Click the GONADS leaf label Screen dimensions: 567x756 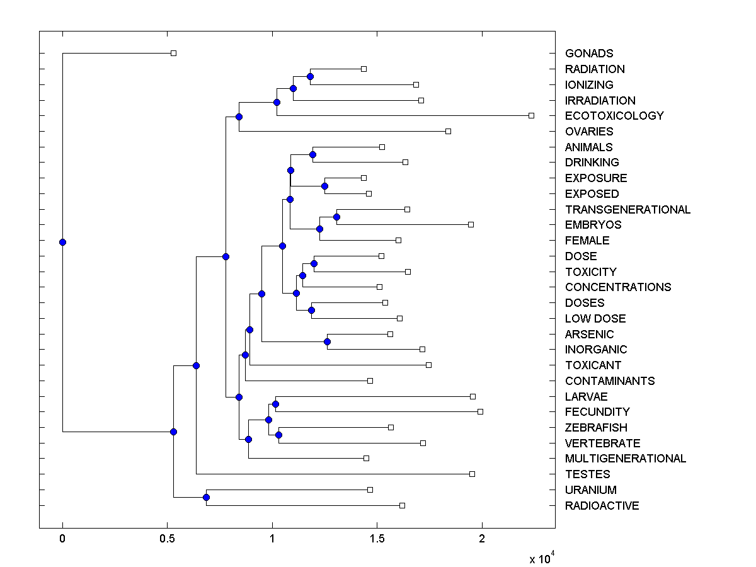point(588,54)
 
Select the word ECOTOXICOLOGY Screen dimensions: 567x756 point(614,116)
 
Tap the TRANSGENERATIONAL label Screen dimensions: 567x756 point(627,210)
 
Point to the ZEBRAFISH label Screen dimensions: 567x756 point(596,428)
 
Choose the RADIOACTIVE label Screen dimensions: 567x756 point(602,506)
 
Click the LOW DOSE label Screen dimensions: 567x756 point(595,319)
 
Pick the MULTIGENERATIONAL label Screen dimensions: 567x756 point(625,459)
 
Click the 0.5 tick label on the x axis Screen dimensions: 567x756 point(167,539)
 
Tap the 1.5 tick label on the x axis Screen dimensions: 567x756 point(377,539)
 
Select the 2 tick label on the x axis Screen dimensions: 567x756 point(482,539)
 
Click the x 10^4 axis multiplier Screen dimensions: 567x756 point(542,558)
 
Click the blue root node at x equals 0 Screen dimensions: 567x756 point(62,242)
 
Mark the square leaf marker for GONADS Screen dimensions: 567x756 point(174,53)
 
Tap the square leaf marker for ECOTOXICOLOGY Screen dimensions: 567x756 point(531,115)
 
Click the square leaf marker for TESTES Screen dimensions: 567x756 point(472,474)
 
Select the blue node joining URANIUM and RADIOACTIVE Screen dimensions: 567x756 point(206,497)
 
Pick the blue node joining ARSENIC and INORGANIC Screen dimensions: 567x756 point(327,341)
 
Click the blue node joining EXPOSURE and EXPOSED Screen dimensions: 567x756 point(324,186)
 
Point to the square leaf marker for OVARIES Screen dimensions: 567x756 point(448,131)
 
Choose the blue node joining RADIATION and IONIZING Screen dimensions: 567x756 point(310,76)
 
